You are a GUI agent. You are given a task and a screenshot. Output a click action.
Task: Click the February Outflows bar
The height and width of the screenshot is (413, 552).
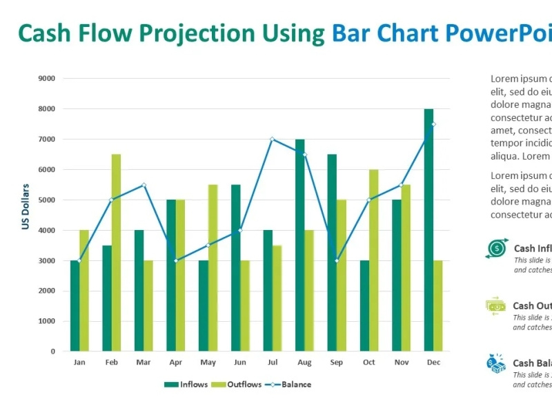click(x=116, y=253)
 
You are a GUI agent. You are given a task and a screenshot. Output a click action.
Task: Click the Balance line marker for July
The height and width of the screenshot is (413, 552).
click(x=272, y=140)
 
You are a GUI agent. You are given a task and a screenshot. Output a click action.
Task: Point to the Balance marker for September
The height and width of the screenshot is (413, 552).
click(x=336, y=260)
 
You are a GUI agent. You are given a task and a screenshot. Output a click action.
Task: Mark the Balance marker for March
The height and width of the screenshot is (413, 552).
click(x=144, y=185)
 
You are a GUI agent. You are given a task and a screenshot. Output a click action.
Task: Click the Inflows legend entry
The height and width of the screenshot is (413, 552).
click(x=186, y=385)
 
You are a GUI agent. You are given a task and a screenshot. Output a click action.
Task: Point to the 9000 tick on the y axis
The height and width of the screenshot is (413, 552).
click(x=47, y=79)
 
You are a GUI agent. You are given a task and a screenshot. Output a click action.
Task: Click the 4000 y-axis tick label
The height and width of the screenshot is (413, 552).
click(x=47, y=230)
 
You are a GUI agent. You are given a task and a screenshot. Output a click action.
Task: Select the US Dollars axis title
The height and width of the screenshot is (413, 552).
click(x=26, y=206)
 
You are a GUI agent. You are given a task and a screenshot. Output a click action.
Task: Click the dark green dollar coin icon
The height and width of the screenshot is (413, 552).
click(x=495, y=248)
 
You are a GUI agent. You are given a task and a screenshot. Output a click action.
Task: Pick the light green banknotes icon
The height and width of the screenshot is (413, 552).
click(x=495, y=305)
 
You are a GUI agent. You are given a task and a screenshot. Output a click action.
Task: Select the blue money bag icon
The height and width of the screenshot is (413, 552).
click(x=495, y=363)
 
